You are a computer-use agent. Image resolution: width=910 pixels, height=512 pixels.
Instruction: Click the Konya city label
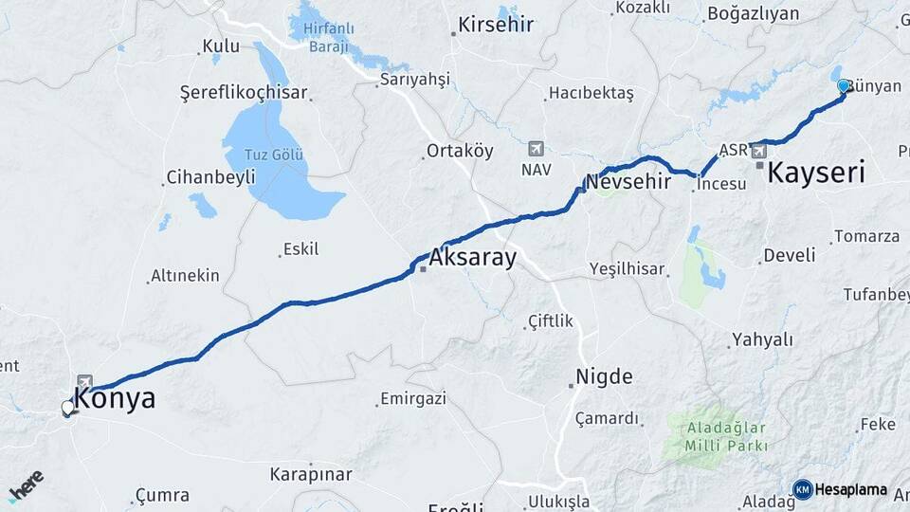114,399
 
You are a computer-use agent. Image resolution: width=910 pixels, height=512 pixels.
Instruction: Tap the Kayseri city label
815,173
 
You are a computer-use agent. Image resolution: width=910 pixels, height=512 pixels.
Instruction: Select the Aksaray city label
472,258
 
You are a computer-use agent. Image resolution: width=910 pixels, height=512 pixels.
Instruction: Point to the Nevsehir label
628,181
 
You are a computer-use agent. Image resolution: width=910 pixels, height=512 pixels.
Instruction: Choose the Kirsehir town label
495,25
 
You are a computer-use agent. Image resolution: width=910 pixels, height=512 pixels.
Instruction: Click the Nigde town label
604,376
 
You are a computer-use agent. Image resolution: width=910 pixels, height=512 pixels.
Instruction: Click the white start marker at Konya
67,408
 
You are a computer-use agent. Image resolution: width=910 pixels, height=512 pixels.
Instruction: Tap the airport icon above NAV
536,149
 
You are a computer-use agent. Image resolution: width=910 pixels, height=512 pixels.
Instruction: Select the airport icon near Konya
84,382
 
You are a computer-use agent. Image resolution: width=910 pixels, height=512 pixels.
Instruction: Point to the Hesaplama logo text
850,490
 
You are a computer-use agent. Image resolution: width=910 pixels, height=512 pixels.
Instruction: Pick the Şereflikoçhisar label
244,93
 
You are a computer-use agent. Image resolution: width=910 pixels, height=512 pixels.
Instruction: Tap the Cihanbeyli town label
210,176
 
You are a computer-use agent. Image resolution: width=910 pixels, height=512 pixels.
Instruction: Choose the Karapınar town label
311,474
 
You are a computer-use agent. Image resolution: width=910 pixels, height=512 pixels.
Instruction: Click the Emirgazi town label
412,398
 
